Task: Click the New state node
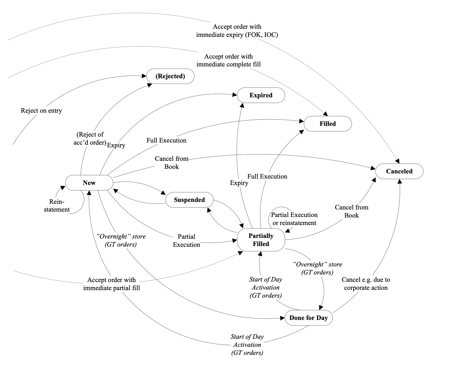tap(89, 183)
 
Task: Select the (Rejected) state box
tap(170, 76)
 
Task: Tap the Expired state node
tap(261, 95)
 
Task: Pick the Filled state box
tap(328, 124)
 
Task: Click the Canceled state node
tap(399, 171)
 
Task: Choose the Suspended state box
tap(189, 200)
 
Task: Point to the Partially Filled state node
tap(261, 240)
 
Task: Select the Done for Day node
tap(308, 318)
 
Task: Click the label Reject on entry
tap(41, 110)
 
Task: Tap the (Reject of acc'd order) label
tap(90, 138)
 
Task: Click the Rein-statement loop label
tap(57, 206)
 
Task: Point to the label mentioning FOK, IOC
tap(237, 31)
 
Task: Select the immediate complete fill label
tap(228, 60)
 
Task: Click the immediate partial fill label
tap(111, 284)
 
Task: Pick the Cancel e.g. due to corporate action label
tap(366, 284)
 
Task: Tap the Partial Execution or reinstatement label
tap(294, 219)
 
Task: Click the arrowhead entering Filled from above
tap(325, 114)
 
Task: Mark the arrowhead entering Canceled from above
tap(397, 161)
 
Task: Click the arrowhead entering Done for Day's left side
tap(282, 318)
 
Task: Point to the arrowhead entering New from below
tap(89, 193)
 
